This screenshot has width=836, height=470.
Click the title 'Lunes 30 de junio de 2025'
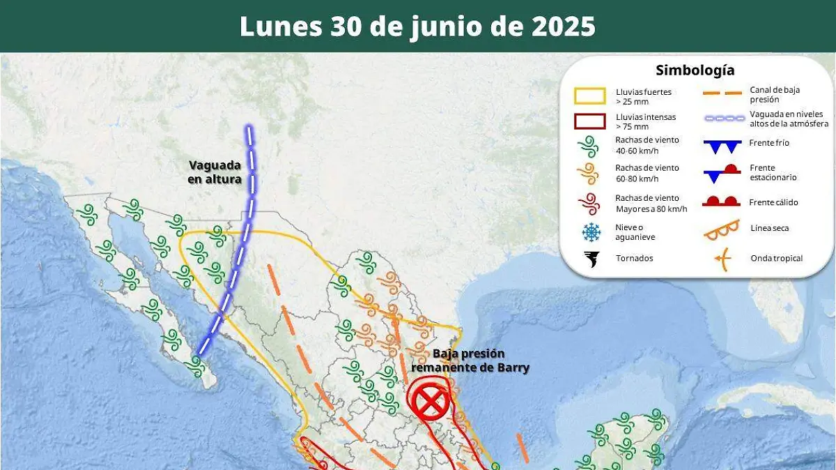point(417,26)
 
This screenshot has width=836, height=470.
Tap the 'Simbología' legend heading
point(695,70)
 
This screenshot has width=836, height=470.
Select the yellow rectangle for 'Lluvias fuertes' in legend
point(589,96)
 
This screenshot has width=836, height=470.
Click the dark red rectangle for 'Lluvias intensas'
point(589,121)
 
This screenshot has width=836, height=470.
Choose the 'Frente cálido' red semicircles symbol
point(720,202)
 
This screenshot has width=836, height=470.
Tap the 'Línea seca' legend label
point(770,228)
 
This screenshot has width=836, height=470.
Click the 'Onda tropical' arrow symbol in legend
point(722,259)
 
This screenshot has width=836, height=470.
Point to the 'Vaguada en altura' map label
point(215,172)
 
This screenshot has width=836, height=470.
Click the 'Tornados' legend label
point(634,258)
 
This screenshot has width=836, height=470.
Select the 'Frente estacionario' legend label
point(773,172)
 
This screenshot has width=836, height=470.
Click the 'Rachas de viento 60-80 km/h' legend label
point(647,173)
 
